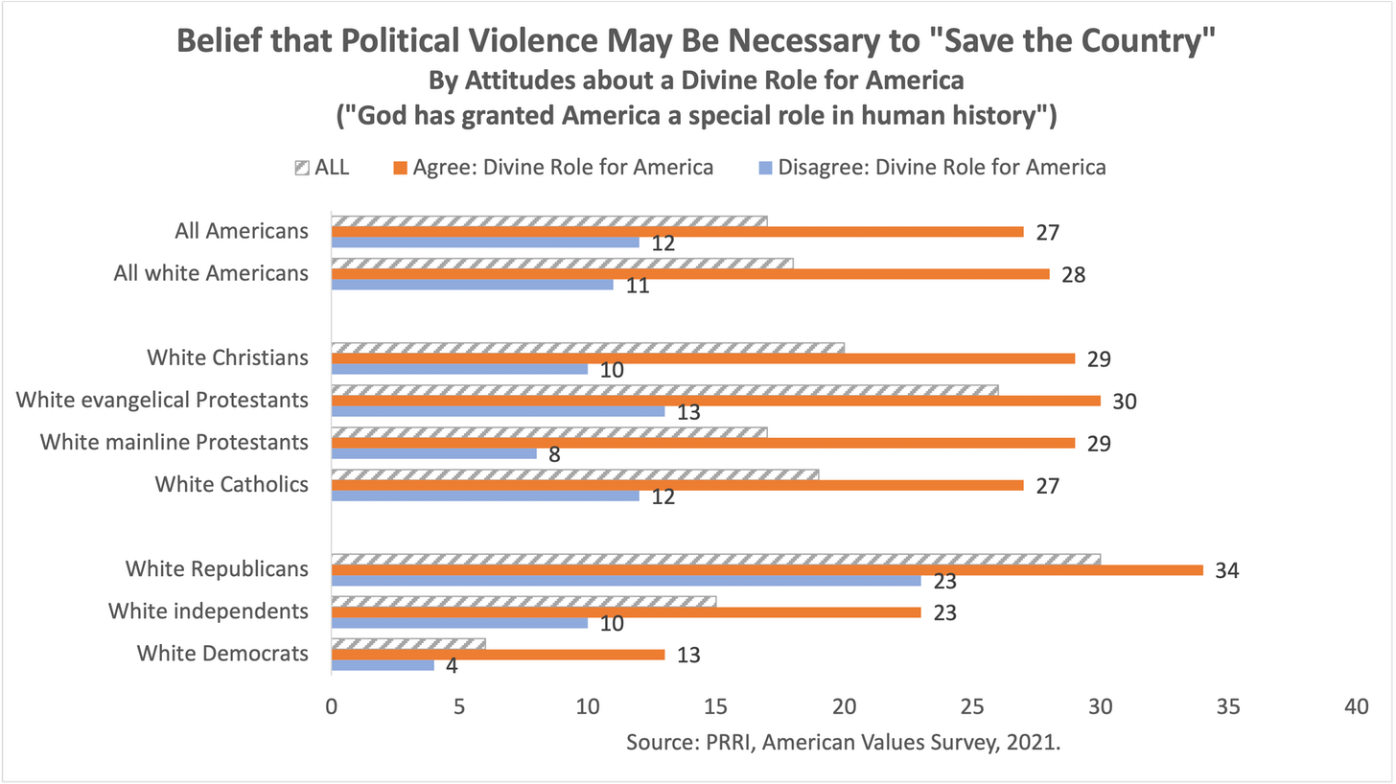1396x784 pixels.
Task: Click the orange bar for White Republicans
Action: [x=767, y=570]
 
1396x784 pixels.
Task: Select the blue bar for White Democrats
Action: [x=383, y=665]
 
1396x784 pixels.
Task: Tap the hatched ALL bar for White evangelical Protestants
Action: [x=664, y=390]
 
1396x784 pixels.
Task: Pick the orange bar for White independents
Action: [x=626, y=612]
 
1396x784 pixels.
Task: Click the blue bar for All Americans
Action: [x=485, y=242]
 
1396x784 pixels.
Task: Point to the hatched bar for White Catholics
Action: [x=575, y=474]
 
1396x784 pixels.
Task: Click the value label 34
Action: [x=1226, y=571]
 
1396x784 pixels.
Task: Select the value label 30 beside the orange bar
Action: [x=1124, y=402]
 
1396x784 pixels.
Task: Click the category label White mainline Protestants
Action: [x=174, y=442]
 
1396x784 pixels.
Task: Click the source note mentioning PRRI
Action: [x=843, y=742]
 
